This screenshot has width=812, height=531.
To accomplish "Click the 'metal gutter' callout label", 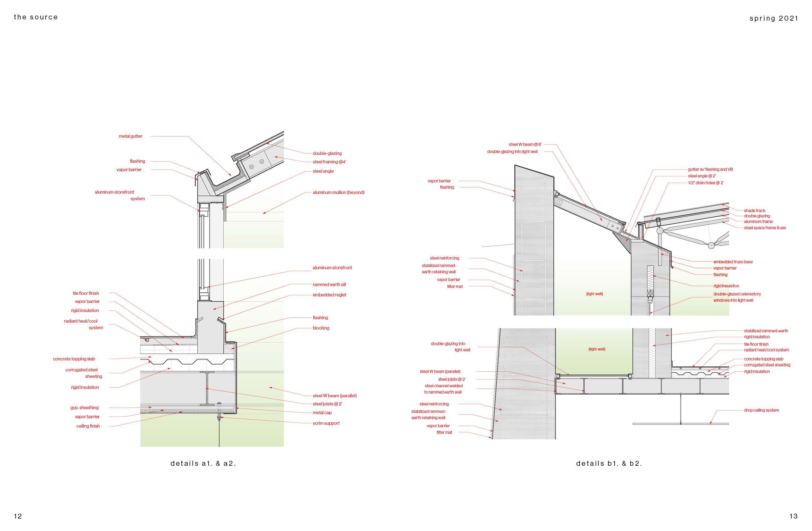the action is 130,136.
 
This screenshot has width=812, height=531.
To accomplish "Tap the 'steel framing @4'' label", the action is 329,162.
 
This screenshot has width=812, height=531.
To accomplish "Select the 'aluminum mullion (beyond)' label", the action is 339,192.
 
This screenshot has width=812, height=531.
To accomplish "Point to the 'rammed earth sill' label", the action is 329,285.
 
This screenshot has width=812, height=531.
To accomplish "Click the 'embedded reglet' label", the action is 329,295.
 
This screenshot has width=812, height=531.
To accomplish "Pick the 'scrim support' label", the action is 326,424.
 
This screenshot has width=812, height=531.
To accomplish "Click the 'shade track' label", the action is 754,211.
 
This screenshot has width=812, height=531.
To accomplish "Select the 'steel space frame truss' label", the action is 765,228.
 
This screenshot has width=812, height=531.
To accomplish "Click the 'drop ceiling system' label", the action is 761,410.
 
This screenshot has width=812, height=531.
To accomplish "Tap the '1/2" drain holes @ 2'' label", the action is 706,183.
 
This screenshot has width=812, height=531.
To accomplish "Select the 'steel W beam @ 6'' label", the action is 525,145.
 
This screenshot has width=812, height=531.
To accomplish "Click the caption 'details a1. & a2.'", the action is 203,464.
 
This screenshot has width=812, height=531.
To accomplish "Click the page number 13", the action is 793,516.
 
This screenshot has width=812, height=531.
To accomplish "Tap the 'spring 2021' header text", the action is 774,19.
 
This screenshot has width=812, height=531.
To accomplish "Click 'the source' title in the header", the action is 36,17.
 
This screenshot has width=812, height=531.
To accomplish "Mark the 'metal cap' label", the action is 322,413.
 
